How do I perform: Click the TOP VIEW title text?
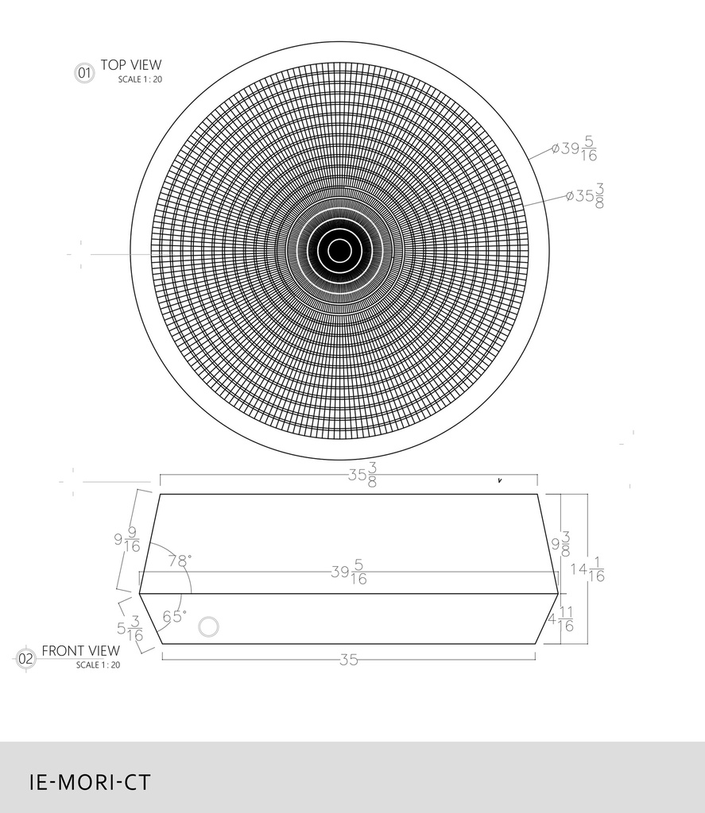(130, 65)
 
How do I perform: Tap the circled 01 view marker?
(83, 74)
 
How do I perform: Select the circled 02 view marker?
(26, 658)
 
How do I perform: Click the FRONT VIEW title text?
(80, 651)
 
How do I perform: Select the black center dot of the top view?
(339, 250)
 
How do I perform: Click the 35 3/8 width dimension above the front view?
(362, 476)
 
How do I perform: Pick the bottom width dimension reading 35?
(348, 659)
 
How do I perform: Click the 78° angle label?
(180, 561)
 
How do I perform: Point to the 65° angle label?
(175, 615)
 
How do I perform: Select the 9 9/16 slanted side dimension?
(127, 540)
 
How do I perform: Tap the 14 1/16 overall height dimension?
(587, 569)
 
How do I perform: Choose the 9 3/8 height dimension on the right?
(561, 544)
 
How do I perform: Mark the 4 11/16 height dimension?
(561, 619)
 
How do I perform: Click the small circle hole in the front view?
(208, 626)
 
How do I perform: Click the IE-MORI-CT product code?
(89, 782)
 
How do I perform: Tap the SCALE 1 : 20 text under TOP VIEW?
(140, 79)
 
